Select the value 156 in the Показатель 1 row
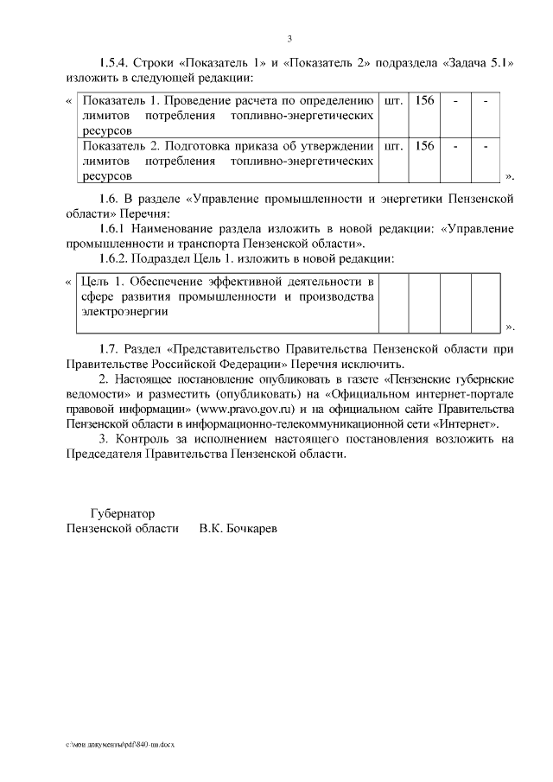(424, 100)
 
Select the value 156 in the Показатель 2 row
(424, 146)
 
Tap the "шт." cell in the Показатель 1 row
(392, 100)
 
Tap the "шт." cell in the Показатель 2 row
(392, 146)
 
